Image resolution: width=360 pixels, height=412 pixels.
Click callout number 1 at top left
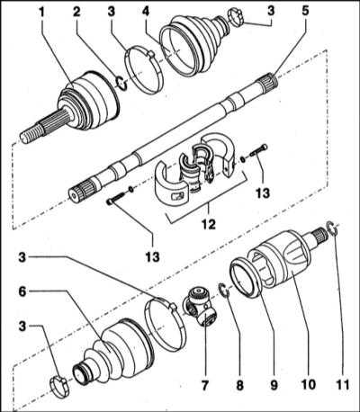41,12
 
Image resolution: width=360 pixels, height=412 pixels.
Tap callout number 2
76,12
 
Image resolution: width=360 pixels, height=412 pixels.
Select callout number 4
146,12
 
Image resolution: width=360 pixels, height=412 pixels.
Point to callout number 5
305,12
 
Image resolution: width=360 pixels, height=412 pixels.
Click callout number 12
209,224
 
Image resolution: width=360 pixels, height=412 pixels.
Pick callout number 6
22,291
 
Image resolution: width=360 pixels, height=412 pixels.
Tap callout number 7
204,385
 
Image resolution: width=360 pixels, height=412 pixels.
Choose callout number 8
239,385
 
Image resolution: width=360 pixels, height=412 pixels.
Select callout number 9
274,385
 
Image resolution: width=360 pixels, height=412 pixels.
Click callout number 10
308,385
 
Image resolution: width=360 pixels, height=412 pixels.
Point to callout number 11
342,385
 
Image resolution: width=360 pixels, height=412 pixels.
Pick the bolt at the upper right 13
258,150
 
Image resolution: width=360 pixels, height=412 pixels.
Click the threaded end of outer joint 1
31,134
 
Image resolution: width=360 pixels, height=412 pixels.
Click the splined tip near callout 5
268,81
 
